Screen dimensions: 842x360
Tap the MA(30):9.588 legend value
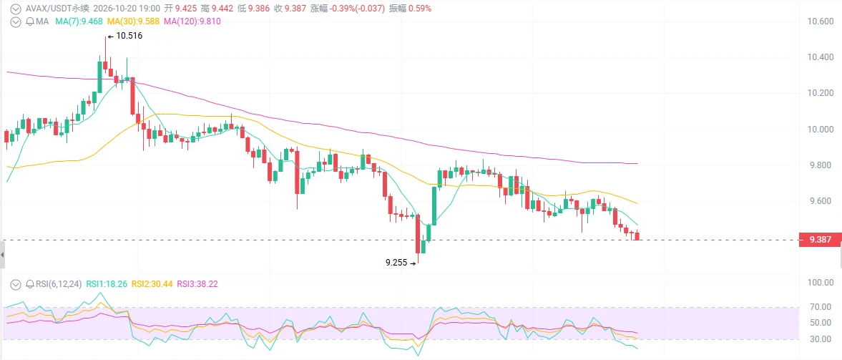tap(134, 21)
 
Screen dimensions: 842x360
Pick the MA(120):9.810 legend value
tap(192, 21)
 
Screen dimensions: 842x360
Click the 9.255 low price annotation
tap(396, 263)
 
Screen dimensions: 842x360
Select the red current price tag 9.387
tap(819, 240)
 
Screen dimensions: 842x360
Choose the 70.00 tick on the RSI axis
tap(821, 307)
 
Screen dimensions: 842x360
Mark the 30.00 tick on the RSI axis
tap(821, 339)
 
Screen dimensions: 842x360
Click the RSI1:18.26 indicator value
tap(107, 283)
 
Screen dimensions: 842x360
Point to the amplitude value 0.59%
tap(418, 9)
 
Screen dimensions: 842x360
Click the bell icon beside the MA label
tap(30, 21)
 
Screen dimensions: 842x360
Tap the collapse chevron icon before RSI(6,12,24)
tap(16, 283)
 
